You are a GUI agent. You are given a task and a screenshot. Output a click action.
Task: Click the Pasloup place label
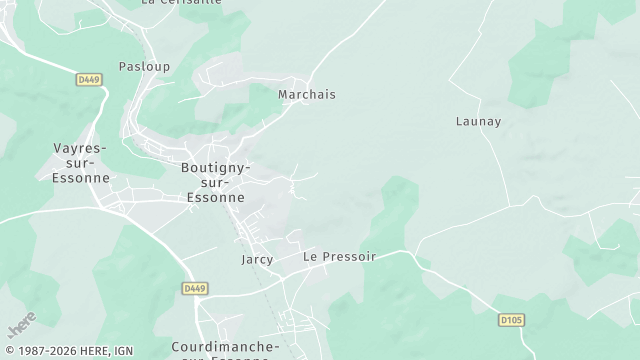(144, 67)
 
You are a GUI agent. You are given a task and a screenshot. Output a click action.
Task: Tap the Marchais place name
(306, 95)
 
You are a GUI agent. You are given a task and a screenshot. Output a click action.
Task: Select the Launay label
(478, 122)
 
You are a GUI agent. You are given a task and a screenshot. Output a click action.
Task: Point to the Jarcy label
(257, 258)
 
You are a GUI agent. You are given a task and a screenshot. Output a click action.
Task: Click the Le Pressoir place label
(339, 257)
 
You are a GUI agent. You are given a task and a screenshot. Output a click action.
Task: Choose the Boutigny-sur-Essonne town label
(215, 183)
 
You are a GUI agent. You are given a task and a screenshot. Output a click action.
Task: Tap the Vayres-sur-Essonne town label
(79, 163)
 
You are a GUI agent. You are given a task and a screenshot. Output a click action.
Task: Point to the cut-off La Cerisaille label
(181, 3)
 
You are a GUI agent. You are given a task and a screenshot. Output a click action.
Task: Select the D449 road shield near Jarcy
(196, 288)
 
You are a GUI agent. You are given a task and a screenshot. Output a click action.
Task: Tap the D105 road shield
(512, 321)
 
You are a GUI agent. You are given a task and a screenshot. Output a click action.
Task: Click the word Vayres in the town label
(79, 148)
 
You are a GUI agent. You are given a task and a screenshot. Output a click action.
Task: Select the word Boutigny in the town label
(215, 168)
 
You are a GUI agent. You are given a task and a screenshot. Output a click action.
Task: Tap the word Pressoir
(349, 257)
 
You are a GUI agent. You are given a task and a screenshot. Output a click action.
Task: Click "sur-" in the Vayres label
(79, 163)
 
